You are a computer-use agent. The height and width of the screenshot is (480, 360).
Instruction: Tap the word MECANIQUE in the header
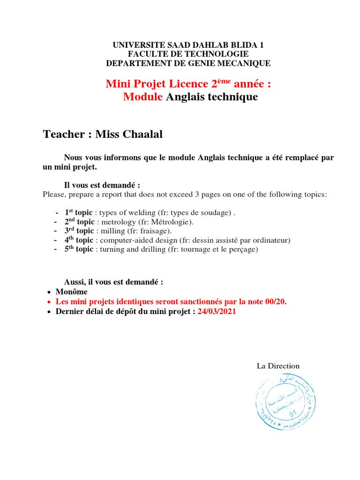click(243, 63)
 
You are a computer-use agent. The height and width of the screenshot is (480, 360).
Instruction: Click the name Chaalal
click(139, 135)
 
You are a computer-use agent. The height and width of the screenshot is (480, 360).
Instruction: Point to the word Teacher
click(63, 135)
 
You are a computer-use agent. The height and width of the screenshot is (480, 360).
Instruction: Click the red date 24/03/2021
click(217, 312)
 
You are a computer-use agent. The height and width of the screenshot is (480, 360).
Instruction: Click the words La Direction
click(278, 366)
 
